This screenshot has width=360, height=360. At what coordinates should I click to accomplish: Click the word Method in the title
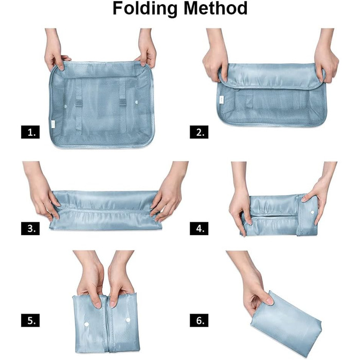[215, 8]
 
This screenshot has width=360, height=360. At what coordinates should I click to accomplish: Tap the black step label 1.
[30, 132]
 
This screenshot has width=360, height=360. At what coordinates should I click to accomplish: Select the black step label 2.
[199, 132]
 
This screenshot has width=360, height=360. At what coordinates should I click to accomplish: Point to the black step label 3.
[30, 228]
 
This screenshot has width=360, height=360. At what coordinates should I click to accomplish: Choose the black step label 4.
[199, 228]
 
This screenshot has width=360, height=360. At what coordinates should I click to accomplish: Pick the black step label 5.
[30, 320]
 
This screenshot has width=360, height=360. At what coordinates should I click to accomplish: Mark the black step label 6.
[199, 320]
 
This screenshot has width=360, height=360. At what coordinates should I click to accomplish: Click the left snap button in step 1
[65, 106]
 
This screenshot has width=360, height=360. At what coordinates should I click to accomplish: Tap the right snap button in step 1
[137, 102]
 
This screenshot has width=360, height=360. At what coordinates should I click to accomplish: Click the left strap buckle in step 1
[79, 103]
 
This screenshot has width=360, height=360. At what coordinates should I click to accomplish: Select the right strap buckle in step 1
[123, 102]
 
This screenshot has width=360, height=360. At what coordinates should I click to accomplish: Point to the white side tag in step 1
[53, 123]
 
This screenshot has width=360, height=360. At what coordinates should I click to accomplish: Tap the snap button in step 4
[312, 212]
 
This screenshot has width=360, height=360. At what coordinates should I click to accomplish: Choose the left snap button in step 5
[86, 324]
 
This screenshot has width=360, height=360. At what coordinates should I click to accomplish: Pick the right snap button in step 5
[128, 319]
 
